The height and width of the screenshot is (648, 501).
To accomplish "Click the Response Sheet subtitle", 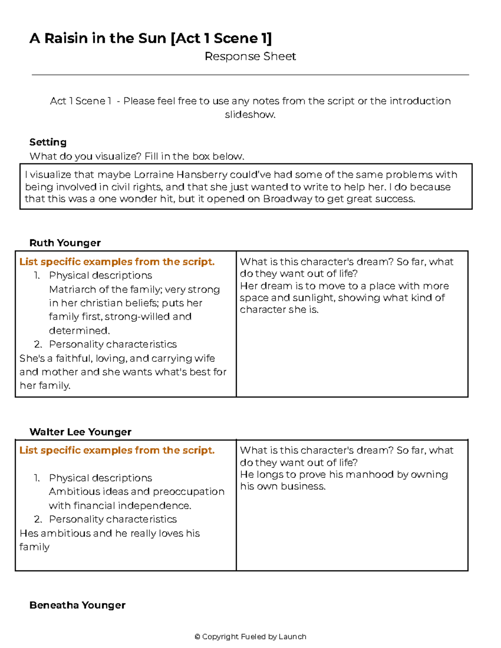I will tap(250, 56).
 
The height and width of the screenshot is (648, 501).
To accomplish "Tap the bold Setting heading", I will tap(48, 142).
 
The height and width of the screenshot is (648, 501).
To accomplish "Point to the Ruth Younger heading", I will tap(65, 243).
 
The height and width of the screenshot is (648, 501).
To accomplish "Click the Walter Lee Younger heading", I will tap(80, 432).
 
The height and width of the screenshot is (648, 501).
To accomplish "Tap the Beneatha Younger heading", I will tap(77, 605).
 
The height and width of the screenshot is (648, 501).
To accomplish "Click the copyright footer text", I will tap(250, 636).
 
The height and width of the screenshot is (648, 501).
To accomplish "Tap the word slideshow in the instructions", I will tap(250, 114).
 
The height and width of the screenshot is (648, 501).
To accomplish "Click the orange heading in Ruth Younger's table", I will tap(117, 262).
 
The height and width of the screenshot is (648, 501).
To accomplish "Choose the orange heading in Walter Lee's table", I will tap(117, 450).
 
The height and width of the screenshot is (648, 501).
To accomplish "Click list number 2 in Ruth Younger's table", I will tap(38, 344).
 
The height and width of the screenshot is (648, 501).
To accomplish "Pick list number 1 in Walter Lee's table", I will tap(37, 478).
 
